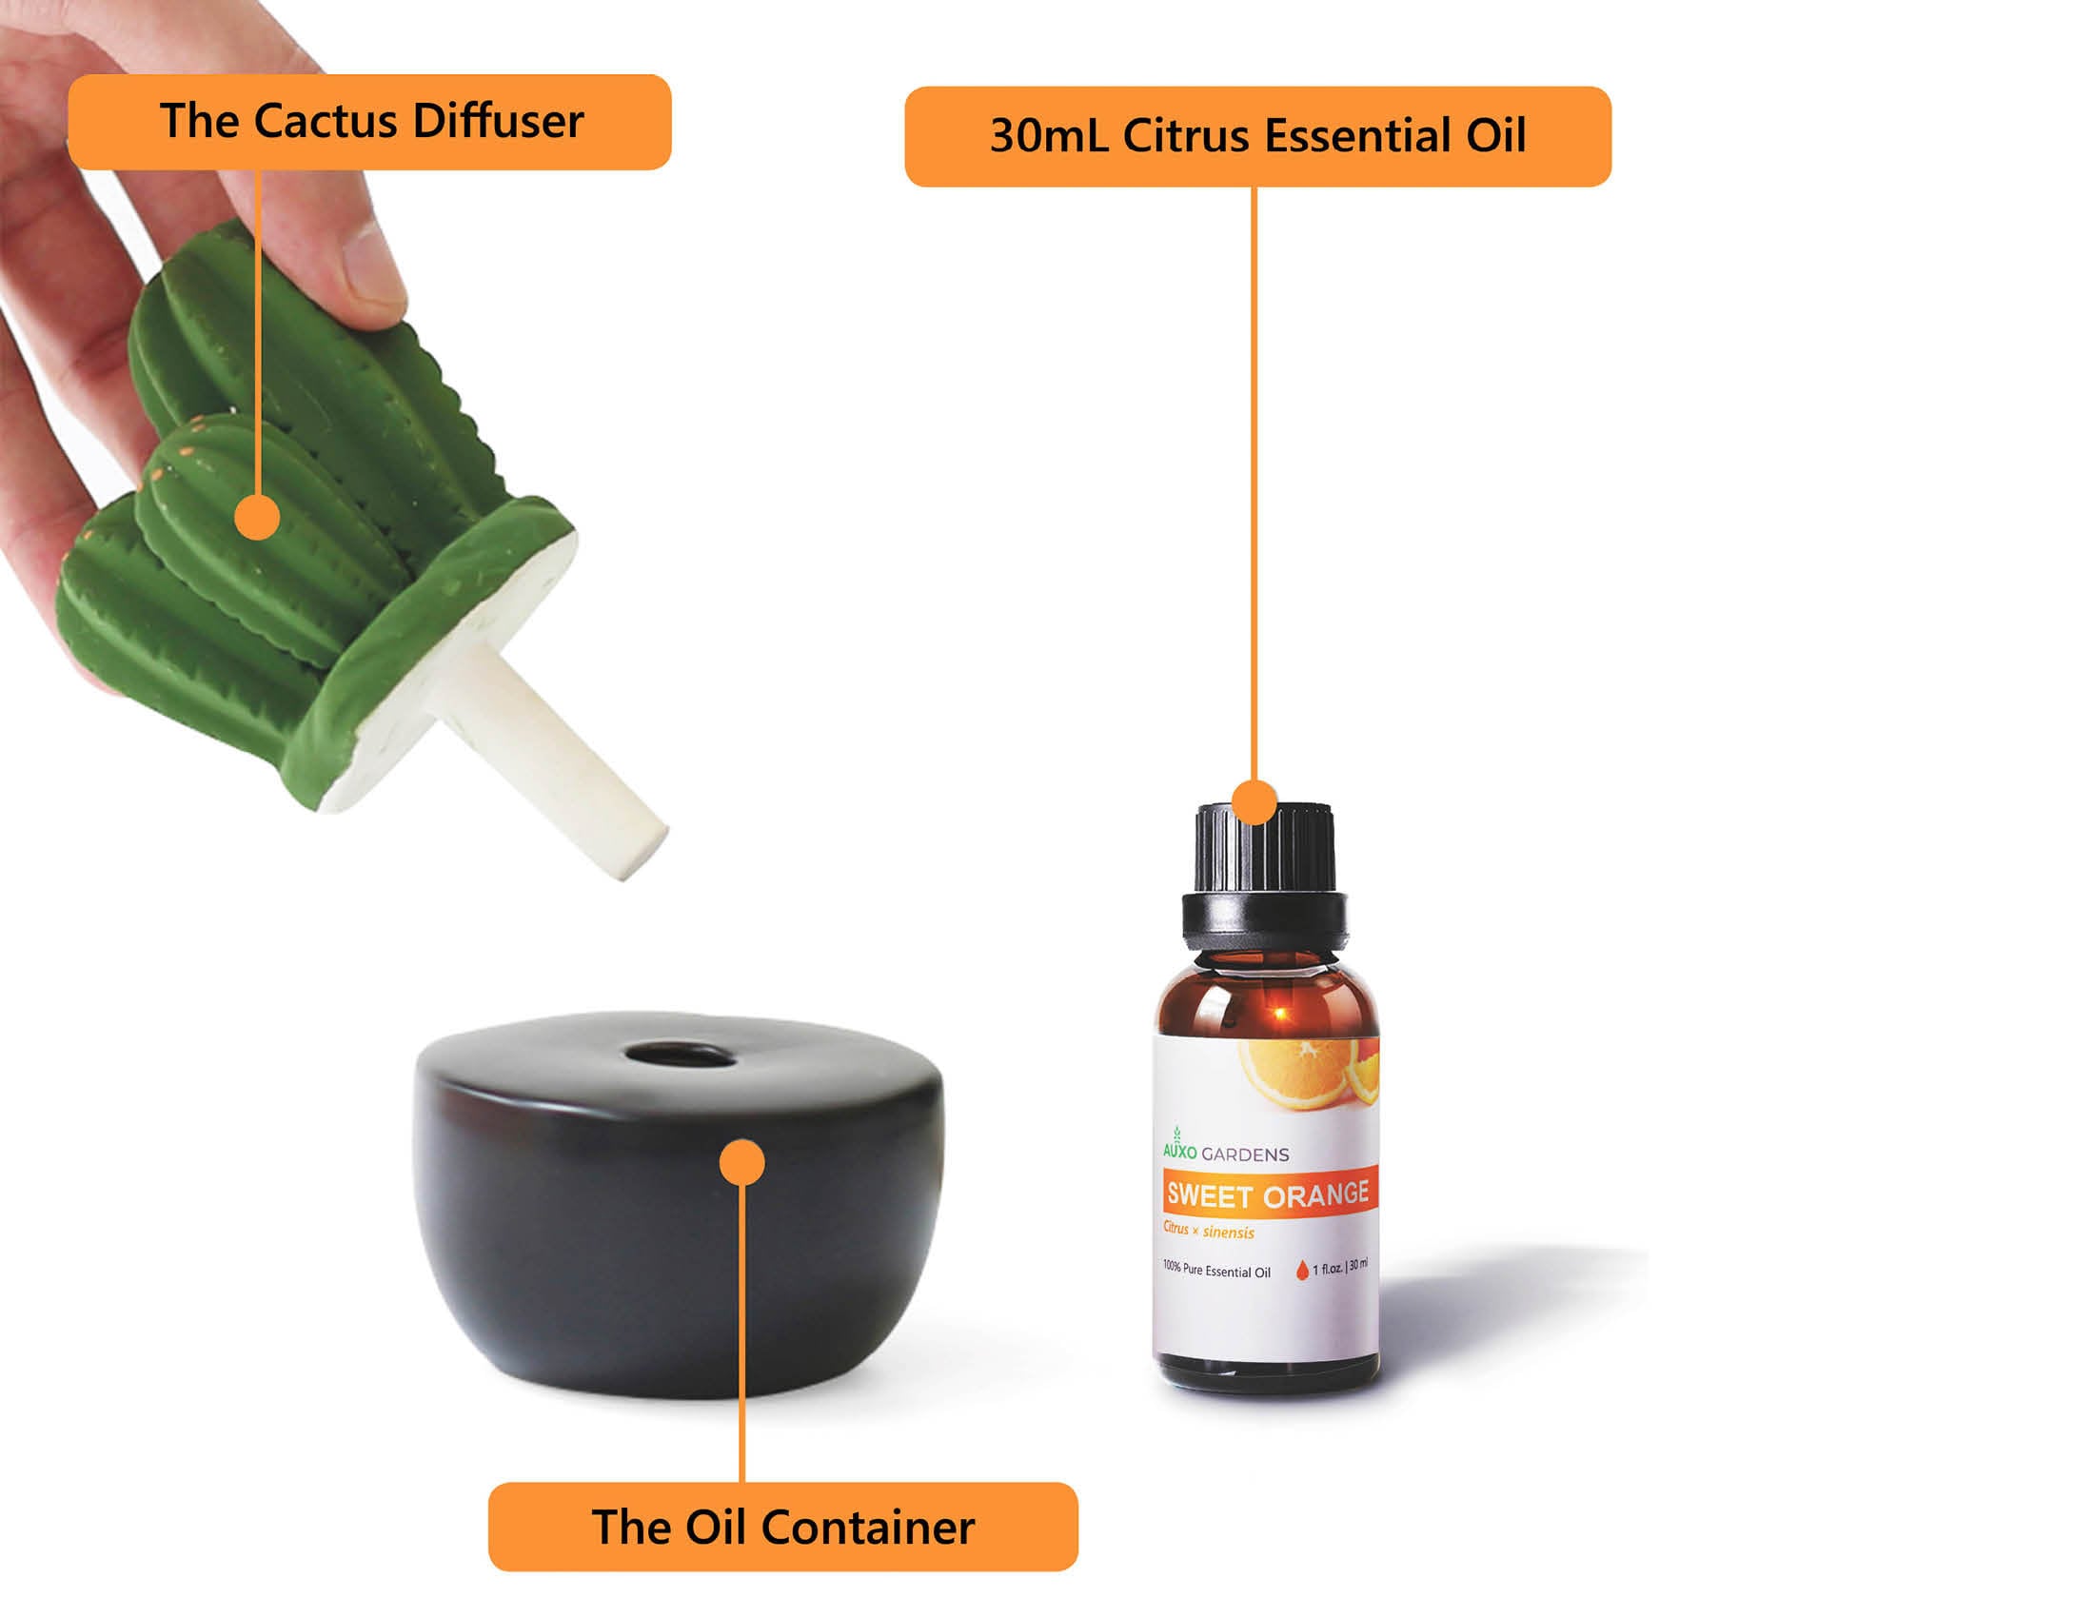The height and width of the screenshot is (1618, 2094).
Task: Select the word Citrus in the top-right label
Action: (1186, 136)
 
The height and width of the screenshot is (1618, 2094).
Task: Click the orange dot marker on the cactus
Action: (257, 518)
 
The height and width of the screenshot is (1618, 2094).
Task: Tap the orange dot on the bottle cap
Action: (1254, 801)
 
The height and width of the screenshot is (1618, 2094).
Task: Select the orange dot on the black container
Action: (741, 1163)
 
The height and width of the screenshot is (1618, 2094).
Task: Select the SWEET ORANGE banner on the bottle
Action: (1268, 1194)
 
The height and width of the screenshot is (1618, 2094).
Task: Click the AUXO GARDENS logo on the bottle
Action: (1224, 1153)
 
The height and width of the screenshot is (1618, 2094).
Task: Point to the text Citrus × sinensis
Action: (1208, 1230)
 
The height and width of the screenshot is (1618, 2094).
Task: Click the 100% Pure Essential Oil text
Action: (1215, 1270)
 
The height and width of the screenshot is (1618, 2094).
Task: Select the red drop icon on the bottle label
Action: (1301, 1271)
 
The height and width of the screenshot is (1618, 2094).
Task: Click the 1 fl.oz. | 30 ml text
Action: (1340, 1267)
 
